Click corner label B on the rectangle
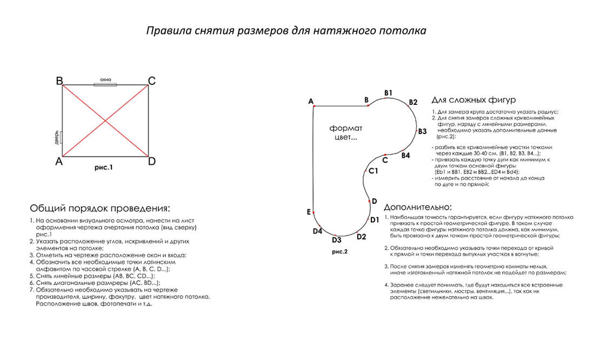(59, 81)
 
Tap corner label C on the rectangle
(152, 81)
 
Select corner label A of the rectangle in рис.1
(59, 161)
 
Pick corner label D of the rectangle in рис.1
(152, 161)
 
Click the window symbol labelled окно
(105, 84)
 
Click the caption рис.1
(103, 168)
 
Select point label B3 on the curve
(422, 131)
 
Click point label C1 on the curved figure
(373, 171)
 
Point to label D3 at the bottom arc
(336, 239)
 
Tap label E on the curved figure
(308, 212)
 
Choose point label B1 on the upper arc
(388, 93)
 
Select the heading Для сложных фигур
(473, 100)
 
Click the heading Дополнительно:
(417, 207)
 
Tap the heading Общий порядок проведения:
(99, 209)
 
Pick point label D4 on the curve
(318, 231)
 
